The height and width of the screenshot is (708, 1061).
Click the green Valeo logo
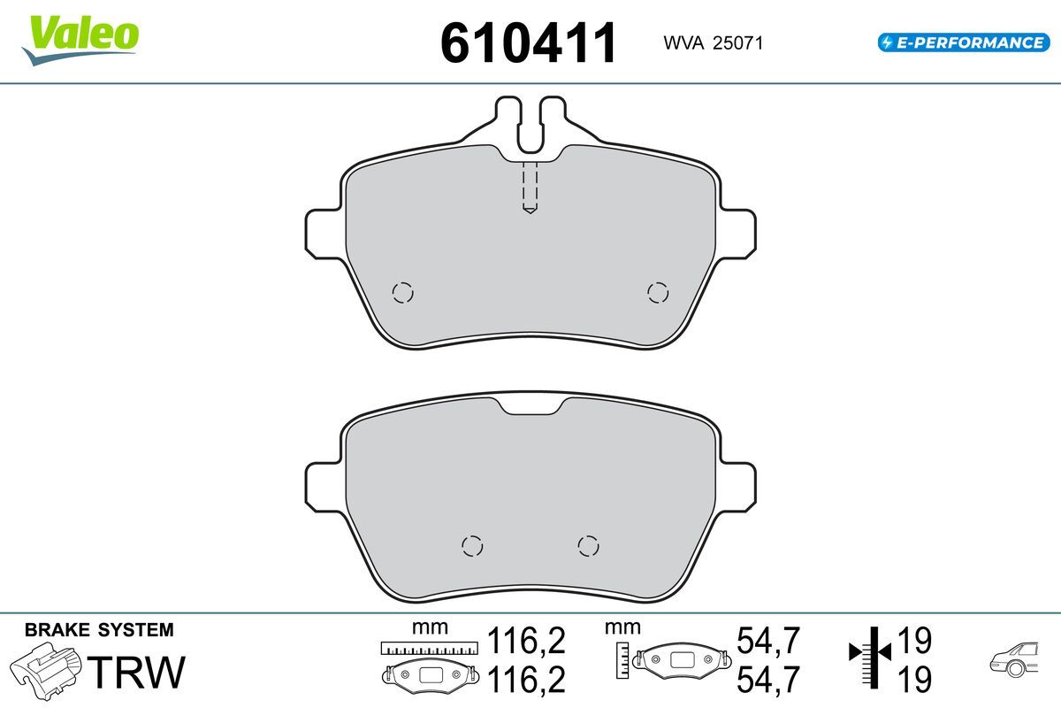coord(80,41)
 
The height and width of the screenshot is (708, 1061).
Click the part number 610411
coord(528,43)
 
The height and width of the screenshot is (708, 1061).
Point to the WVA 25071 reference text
coord(713,43)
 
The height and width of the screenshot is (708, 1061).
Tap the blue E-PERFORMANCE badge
coord(964,42)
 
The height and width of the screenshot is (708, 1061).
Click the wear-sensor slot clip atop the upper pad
coord(530,124)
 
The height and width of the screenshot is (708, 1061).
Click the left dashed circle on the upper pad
coord(402,293)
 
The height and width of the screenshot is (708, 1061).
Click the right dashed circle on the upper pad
coord(658,293)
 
